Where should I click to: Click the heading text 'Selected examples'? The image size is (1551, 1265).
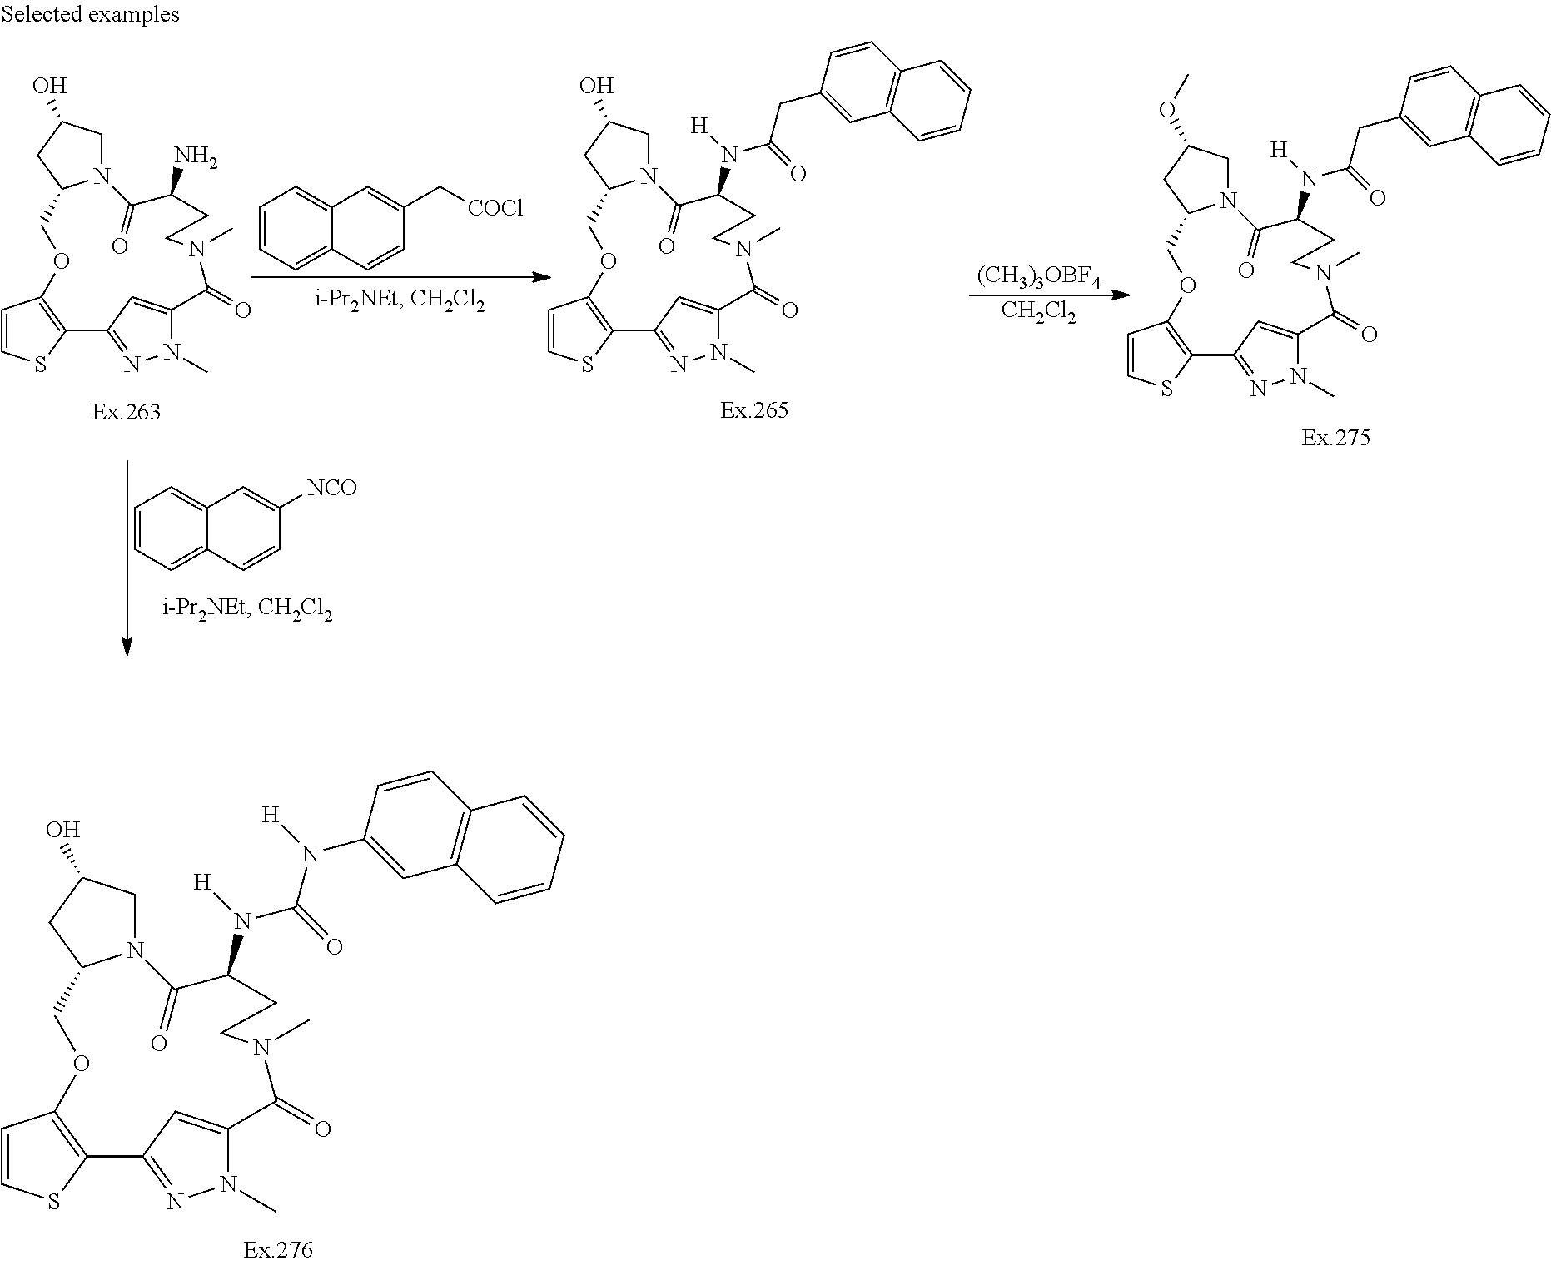click(x=90, y=14)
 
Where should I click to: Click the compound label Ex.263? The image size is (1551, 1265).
click(x=126, y=411)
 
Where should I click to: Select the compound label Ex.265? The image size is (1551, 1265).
click(x=753, y=409)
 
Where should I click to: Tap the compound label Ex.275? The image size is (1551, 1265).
click(x=1335, y=438)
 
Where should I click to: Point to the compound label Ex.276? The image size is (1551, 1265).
click(x=278, y=1249)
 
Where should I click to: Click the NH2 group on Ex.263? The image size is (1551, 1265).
click(x=195, y=157)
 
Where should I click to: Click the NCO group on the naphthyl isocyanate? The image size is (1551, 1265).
click(x=331, y=487)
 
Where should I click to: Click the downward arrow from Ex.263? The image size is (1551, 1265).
click(x=127, y=558)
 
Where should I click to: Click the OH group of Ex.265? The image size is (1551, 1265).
click(x=596, y=86)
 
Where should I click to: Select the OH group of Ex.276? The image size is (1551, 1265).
click(x=62, y=829)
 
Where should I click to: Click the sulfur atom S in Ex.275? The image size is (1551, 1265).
click(x=1166, y=389)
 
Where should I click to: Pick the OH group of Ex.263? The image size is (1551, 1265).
click(x=49, y=86)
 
